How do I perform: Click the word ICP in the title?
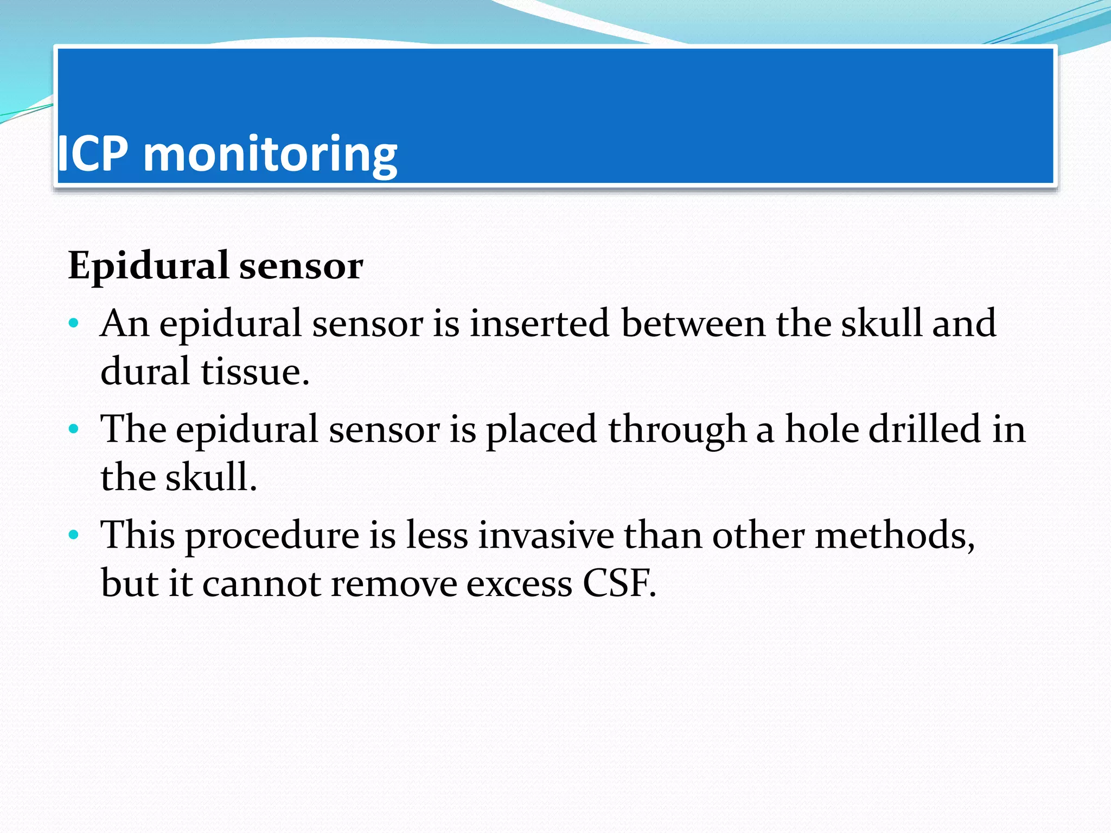click(93, 155)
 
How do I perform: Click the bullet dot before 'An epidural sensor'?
click(74, 324)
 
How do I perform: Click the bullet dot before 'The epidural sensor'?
click(74, 430)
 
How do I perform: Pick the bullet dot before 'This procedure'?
click(74, 535)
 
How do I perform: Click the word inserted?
click(539, 324)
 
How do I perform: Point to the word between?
click(693, 324)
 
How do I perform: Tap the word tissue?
click(255, 372)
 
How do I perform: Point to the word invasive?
click(546, 536)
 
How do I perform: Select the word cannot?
click(261, 585)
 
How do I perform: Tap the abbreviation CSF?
click(619, 584)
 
